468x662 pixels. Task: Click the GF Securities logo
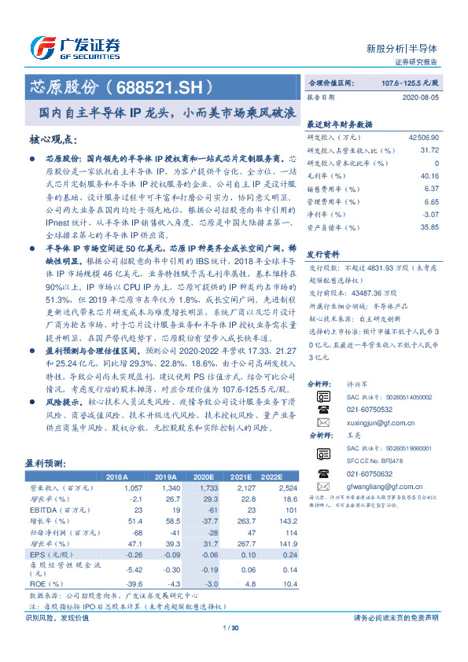74,48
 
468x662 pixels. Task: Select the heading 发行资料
322,255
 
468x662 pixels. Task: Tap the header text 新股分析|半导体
413,47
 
